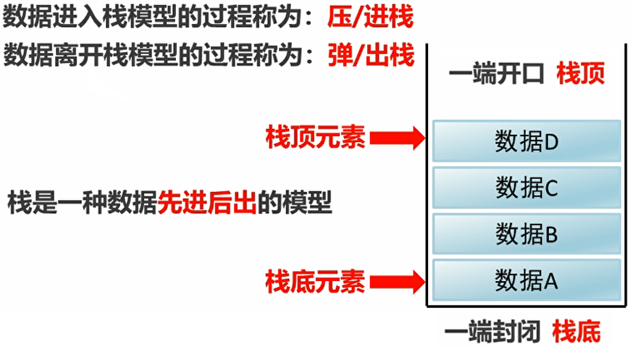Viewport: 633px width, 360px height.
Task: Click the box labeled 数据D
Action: tap(527, 141)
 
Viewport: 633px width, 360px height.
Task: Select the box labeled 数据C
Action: tap(527, 187)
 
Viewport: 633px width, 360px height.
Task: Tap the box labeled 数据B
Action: tap(527, 233)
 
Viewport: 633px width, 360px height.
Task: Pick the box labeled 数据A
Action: tap(527, 280)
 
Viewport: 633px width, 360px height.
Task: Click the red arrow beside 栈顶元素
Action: tap(397, 136)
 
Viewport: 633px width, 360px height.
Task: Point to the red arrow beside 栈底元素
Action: tap(397, 280)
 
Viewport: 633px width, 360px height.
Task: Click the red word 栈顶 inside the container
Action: tap(580, 74)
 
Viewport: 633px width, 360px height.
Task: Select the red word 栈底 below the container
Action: tap(577, 333)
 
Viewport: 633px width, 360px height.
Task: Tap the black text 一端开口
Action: tap(496, 75)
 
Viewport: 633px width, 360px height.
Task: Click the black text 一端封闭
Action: tap(492, 333)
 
